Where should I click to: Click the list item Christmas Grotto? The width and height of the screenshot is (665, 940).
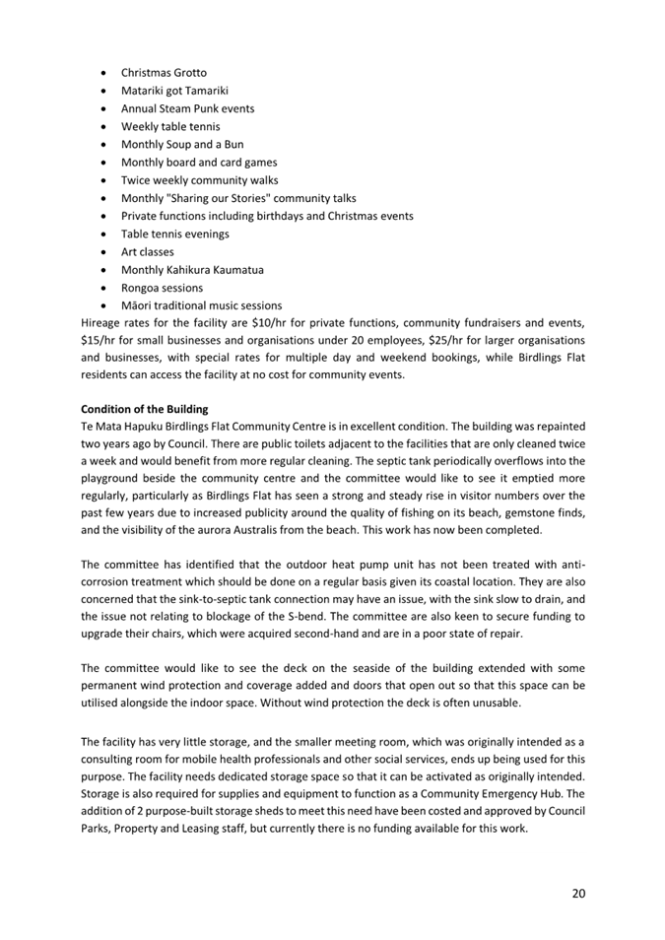(164, 73)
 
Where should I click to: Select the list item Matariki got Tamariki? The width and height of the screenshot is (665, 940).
(174, 91)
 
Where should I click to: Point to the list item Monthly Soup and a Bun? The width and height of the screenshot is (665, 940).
(181, 144)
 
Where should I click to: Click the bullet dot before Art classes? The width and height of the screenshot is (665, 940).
(104, 252)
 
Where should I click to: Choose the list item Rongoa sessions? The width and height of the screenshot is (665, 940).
(162, 288)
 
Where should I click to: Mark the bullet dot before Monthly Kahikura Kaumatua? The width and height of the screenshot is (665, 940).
(104, 270)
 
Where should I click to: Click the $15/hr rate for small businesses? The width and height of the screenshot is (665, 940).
(99, 340)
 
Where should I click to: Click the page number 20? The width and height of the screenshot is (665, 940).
(578, 893)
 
